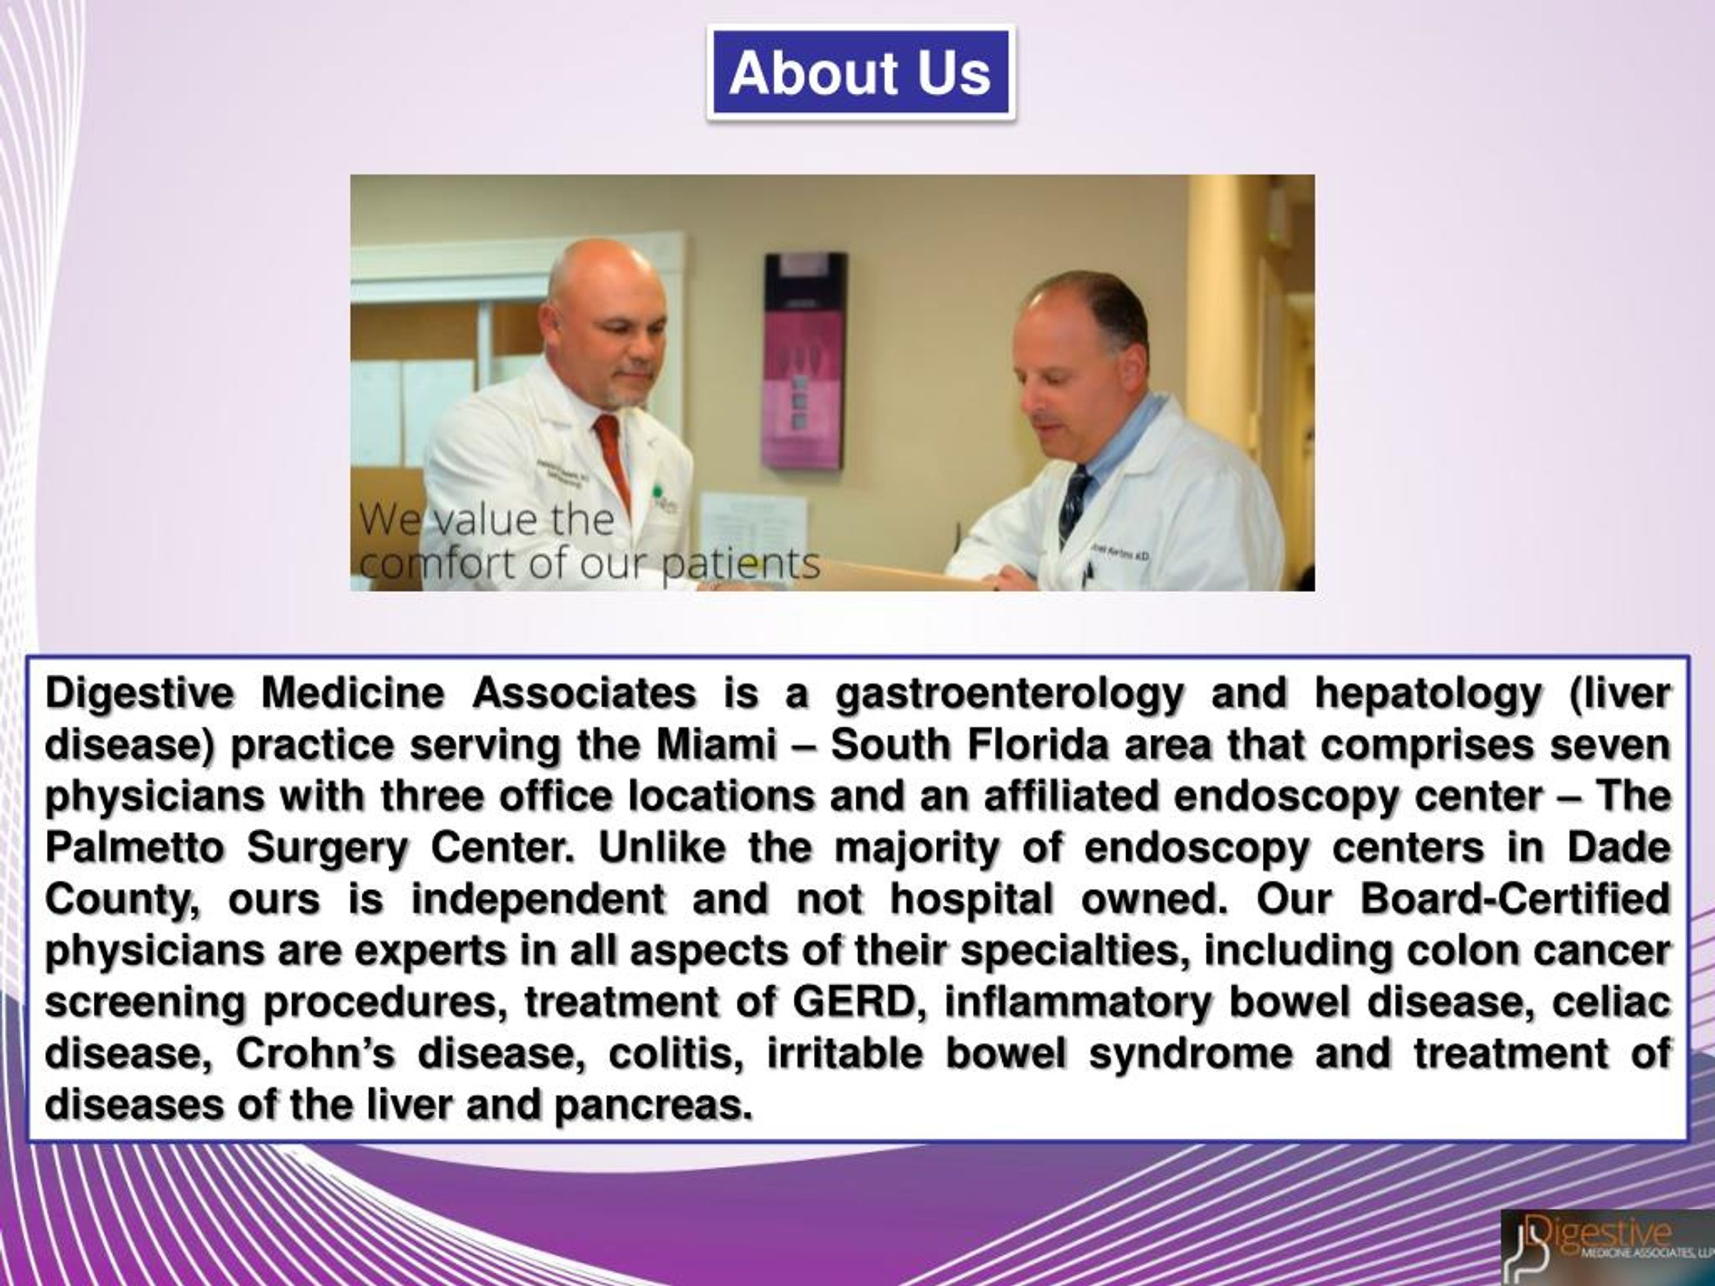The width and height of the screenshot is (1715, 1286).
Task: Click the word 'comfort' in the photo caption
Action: [x=439, y=563]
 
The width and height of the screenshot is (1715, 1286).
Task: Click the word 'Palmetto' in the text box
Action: [x=134, y=848]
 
